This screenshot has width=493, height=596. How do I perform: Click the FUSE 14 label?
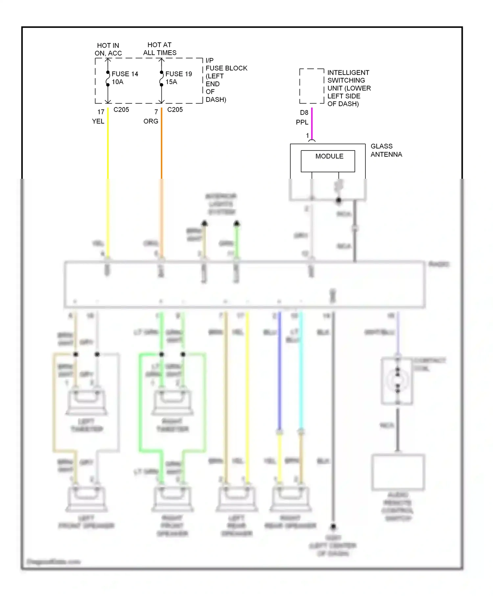point(125,74)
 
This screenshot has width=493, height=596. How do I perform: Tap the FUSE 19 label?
point(178,74)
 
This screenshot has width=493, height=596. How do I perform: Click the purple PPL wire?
point(312,123)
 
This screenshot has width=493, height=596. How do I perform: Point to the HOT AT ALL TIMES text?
point(159,49)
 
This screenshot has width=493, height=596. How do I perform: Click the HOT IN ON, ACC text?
point(108,49)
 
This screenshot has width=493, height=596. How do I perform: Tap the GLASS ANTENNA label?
point(386,150)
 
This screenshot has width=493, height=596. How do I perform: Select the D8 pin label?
point(304,112)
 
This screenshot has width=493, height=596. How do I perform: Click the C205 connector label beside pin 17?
point(121,109)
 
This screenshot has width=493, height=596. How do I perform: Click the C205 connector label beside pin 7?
point(175,109)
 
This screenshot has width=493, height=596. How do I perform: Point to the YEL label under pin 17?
point(98,121)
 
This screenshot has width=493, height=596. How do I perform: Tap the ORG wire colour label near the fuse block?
point(151,121)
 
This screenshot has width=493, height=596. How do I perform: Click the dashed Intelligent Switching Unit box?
point(312,86)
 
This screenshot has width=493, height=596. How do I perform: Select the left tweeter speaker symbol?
point(86,402)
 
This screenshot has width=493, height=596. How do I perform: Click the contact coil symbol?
point(397,381)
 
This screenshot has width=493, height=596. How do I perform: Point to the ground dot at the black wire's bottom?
point(333,526)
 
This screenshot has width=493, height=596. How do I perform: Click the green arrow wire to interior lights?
point(237,240)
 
